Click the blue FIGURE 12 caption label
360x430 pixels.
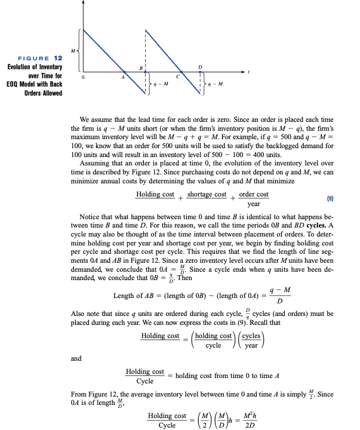tap(41, 58)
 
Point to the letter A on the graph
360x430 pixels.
tap(123, 77)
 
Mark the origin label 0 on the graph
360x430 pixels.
tap(84, 77)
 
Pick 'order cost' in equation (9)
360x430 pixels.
tap(254, 194)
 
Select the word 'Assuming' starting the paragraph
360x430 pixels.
tap(94, 163)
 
